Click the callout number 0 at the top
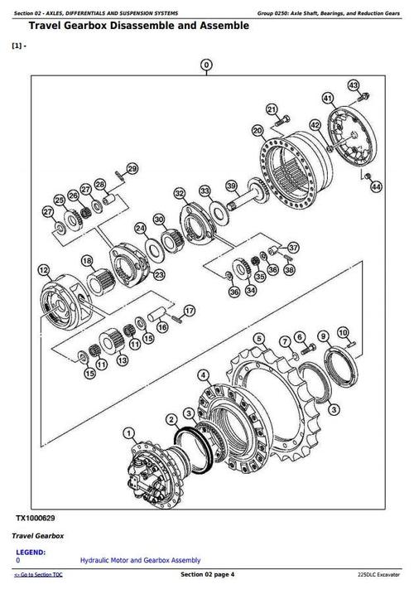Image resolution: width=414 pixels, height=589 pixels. tap(206, 64)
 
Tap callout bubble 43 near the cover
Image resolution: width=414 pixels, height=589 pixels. tap(354, 85)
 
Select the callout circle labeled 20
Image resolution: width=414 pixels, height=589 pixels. tap(257, 130)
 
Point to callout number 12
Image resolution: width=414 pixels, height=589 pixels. tap(43, 269)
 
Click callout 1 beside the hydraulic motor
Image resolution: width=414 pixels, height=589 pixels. tap(128, 432)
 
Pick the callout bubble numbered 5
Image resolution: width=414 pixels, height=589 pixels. tap(259, 338)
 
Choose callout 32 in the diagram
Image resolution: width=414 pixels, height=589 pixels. tap(180, 193)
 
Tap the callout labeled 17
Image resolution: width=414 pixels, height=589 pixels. tap(190, 311)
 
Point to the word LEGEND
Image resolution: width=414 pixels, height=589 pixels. tap(31, 552)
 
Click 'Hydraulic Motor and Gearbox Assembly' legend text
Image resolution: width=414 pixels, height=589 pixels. tap(140, 561)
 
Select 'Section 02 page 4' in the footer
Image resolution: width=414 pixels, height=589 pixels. tap(207, 575)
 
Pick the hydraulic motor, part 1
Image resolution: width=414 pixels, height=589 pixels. tap(154, 468)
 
